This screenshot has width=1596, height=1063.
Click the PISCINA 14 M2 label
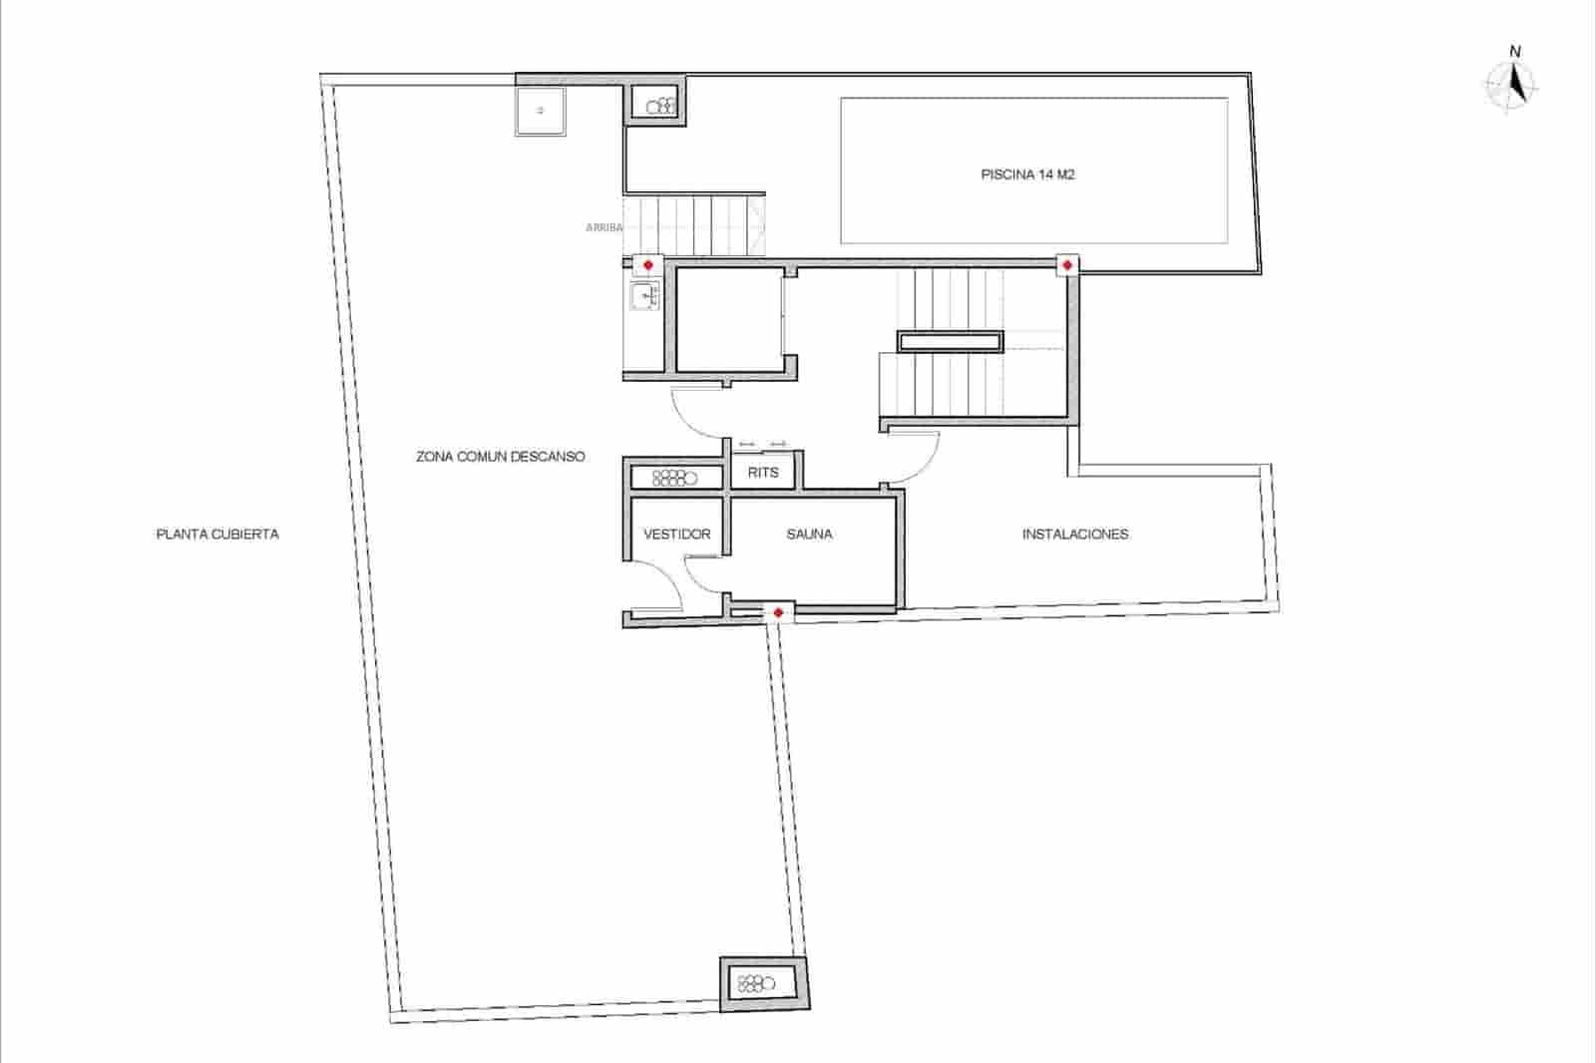tap(1027, 175)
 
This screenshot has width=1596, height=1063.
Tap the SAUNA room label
tap(809, 534)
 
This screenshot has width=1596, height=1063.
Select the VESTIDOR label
tap(676, 534)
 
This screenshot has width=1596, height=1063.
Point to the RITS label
tap(763, 473)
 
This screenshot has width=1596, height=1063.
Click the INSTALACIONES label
tap(1075, 534)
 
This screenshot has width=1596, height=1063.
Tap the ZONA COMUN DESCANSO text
tap(501, 457)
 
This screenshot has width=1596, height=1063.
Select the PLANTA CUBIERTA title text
tap(217, 534)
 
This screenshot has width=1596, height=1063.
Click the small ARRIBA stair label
tap(603, 227)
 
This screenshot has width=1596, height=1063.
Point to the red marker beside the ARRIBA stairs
tap(648, 265)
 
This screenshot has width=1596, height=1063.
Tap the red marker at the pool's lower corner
tap(1067, 265)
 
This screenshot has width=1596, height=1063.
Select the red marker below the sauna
tap(778, 611)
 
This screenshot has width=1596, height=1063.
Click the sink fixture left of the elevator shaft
tap(643, 296)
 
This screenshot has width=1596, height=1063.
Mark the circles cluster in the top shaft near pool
tap(659, 104)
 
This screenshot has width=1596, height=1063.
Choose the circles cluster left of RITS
tap(674, 478)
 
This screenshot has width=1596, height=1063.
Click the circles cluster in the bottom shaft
tap(756, 982)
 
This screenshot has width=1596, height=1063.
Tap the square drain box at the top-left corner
tap(541, 111)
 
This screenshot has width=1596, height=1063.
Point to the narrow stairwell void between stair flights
tap(950, 342)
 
